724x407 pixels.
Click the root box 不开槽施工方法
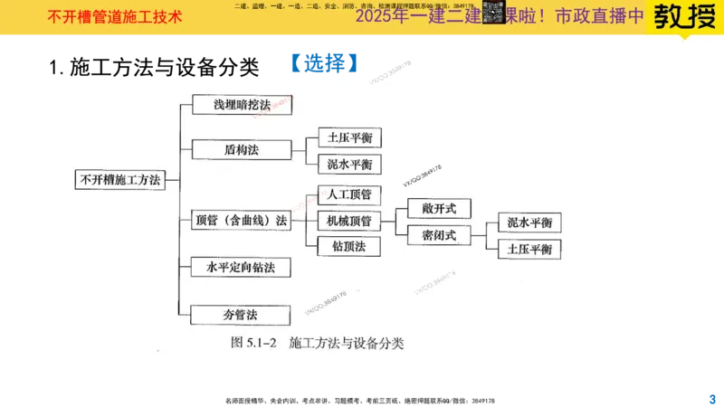click(x=119, y=180)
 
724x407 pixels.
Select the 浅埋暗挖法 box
click(x=242, y=105)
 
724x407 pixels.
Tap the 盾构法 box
click(x=242, y=149)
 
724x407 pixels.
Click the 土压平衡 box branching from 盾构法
click(x=349, y=138)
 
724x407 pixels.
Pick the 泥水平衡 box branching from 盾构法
click(x=349, y=165)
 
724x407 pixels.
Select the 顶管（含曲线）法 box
click(x=242, y=220)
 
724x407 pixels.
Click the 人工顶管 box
click(x=349, y=194)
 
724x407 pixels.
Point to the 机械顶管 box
click(x=349, y=220)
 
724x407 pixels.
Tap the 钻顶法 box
click(x=349, y=245)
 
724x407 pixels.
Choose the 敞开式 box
click(x=440, y=209)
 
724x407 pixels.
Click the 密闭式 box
click(x=440, y=235)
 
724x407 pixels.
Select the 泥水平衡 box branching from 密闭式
click(x=530, y=222)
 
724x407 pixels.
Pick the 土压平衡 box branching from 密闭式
click(x=530, y=249)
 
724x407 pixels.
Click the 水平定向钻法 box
click(x=242, y=268)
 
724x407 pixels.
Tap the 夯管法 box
click(x=242, y=315)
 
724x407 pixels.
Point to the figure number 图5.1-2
click(x=257, y=343)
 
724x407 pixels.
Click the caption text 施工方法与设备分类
click(x=346, y=343)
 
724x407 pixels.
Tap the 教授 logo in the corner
click(x=683, y=18)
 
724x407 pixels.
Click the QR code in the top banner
click(x=493, y=13)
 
